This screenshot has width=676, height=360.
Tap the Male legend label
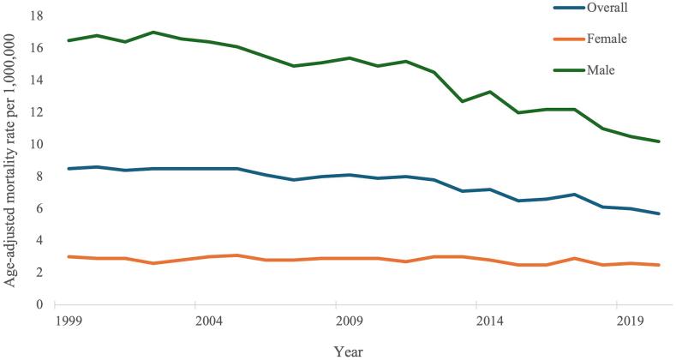[x=600, y=70]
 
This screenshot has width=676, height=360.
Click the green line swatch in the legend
[x=565, y=70]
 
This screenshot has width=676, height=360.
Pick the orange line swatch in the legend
[x=565, y=39]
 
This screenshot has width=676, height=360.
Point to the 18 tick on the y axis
[x=38, y=15]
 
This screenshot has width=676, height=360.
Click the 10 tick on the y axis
[x=38, y=144]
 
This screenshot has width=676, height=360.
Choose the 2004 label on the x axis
[x=196, y=321]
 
